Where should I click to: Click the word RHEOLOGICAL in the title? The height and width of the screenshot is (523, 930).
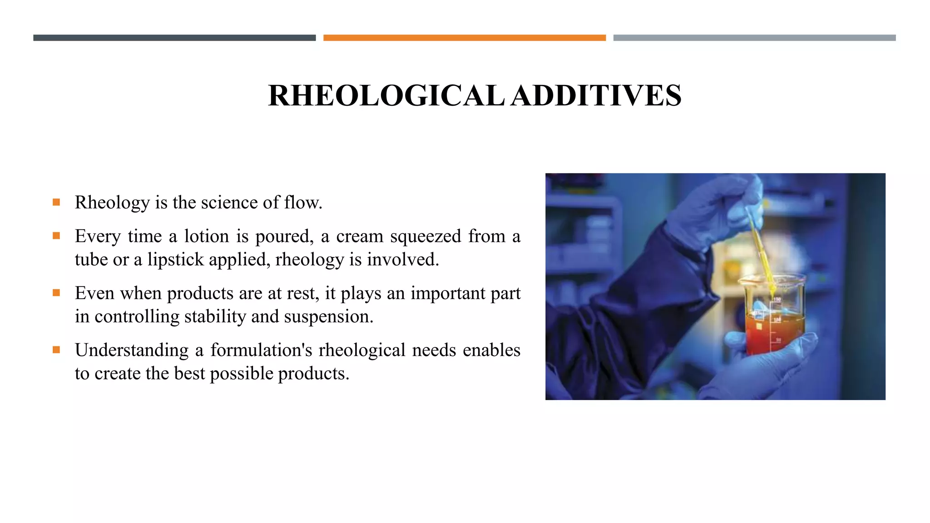pyautogui.click(x=386, y=96)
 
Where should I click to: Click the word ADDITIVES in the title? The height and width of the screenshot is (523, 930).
pyautogui.click(x=596, y=96)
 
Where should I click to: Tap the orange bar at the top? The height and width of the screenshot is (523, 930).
pyautogui.click(x=464, y=38)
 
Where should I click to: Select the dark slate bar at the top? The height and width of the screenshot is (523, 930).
pyautogui.click(x=174, y=38)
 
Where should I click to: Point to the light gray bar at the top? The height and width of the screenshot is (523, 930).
pyautogui.click(x=754, y=38)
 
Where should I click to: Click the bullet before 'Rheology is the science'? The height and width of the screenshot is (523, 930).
pyautogui.click(x=56, y=202)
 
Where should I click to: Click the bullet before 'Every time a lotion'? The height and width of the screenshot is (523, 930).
pyautogui.click(x=56, y=236)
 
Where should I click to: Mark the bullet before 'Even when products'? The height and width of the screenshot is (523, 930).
pyautogui.click(x=56, y=293)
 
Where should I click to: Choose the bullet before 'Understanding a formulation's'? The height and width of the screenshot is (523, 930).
pyautogui.click(x=56, y=350)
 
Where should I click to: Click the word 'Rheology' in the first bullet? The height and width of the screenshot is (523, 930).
pyautogui.click(x=112, y=202)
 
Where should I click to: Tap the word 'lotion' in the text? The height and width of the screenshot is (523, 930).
pyautogui.click(x=206, y=236)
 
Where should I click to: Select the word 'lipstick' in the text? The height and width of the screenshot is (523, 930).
pyautogui.click(x=175, y=260)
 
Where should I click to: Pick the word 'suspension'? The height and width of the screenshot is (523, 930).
pyautogui.click(x=328, y=317)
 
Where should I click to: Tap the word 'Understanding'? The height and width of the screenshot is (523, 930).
pyautogui.click(x=132, y=350)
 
